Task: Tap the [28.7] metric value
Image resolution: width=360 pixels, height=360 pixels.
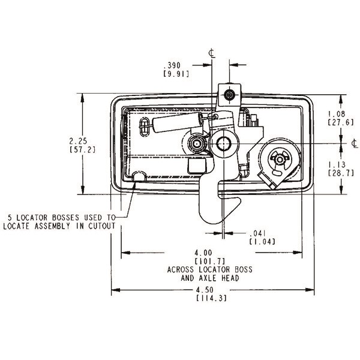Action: click(335, 173)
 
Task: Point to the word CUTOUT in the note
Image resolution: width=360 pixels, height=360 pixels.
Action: click(100, 226)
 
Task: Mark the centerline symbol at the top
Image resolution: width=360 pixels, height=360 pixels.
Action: click(212, 54)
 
